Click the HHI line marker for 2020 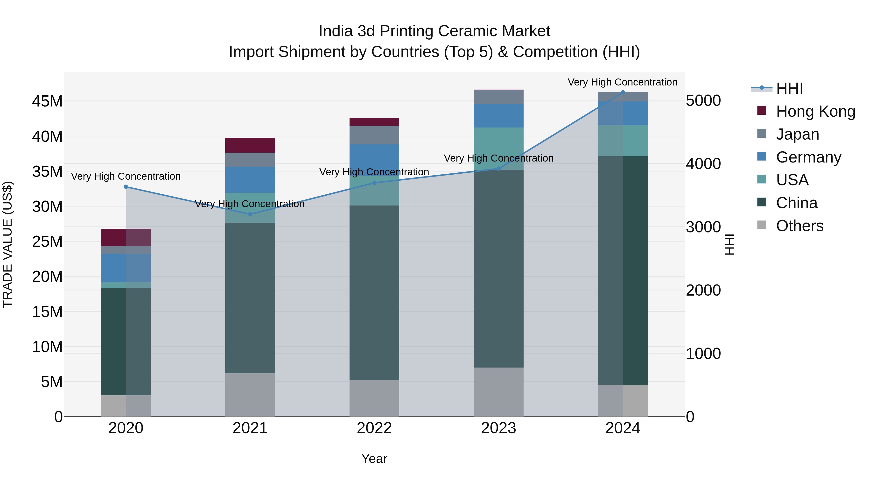[126, 187]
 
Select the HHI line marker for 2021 [250, 214]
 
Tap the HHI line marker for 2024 [623, 92]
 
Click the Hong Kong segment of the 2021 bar [250, 145]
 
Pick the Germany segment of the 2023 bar [499, 115]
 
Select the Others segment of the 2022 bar [374, 398]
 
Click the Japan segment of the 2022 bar [374, 135]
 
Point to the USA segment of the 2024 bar [623, 141]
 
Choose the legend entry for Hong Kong [815, 111]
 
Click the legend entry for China [797, 203]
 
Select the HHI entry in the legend [789, 88]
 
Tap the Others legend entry [799, 226]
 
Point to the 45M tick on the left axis [47, 101]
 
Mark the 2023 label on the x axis [499, 428]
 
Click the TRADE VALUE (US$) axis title [7, 244]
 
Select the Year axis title [374, 459]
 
